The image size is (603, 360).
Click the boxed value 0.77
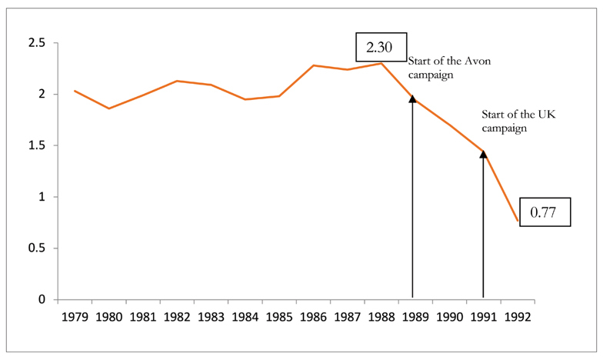545,211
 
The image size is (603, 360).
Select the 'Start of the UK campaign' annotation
508,122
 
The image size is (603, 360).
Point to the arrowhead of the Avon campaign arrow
413,98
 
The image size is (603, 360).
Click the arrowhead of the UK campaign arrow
483,155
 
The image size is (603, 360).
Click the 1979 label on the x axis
75,315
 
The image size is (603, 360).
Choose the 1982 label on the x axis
177,315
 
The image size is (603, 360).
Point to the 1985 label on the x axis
278,315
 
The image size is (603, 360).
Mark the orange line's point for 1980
108,108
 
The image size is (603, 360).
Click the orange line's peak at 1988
381,63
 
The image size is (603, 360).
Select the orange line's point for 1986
313,65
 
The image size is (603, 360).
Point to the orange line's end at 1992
517,221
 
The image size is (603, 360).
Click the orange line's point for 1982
177,81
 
